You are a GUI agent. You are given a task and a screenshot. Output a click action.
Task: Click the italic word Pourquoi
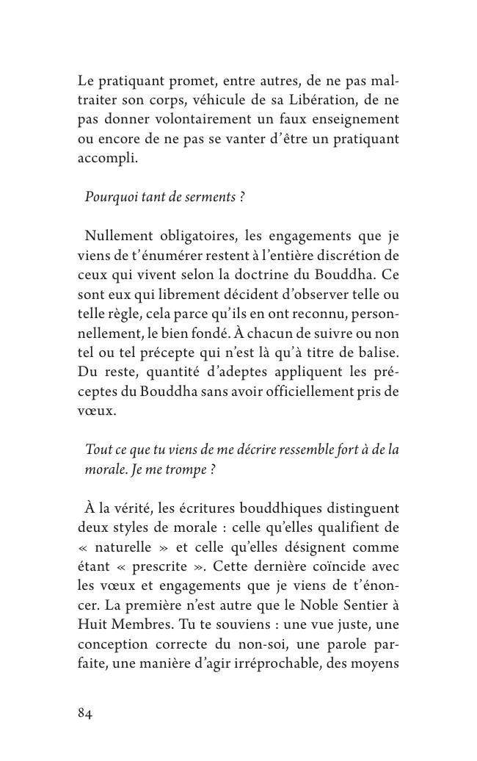[110, 197]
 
